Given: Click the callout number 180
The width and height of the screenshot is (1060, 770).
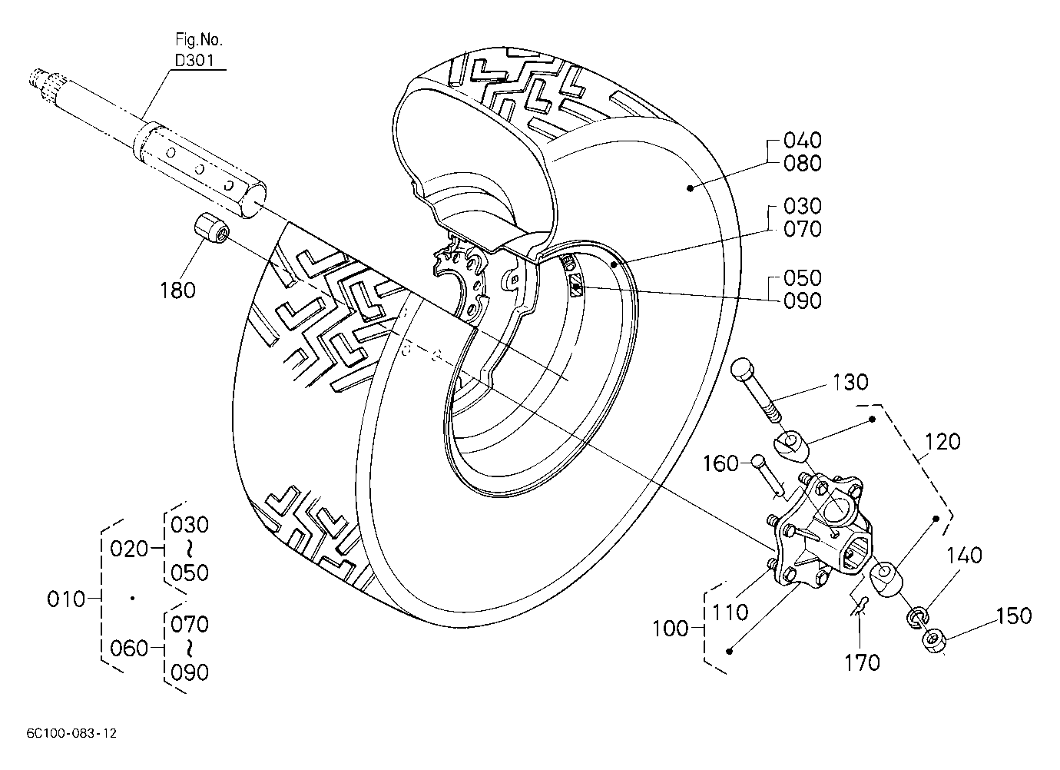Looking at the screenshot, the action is [177, 290].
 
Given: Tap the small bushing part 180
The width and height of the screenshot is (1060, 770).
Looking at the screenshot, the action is [211, 228].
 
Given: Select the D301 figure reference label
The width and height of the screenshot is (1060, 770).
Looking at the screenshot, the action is [194, 60].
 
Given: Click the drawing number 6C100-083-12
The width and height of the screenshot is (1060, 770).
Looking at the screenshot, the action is [71, 734].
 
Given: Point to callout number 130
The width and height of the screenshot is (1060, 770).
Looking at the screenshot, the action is [850, 382].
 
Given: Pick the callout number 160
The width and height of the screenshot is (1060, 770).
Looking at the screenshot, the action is [720, 463].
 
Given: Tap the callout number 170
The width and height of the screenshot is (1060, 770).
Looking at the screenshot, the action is [862, 662].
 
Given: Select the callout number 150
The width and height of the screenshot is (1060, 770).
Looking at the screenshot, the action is [1014, 616].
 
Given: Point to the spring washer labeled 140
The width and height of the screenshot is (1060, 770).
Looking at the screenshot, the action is [917, 618].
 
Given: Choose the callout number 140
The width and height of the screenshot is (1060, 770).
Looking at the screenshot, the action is [965, 555].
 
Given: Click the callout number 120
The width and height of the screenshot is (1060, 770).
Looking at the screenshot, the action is [942, 442].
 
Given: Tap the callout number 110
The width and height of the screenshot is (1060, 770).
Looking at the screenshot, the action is [730, 612].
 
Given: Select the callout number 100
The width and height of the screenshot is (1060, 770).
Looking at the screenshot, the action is [670, 629].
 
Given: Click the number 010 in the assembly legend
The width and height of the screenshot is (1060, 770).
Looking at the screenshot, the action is [66, 599].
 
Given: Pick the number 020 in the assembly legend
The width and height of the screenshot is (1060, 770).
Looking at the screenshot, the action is [129, 549].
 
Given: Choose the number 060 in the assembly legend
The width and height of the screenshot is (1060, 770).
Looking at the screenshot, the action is [129, 648].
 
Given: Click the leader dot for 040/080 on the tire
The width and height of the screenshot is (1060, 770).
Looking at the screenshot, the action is [690, 188].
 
